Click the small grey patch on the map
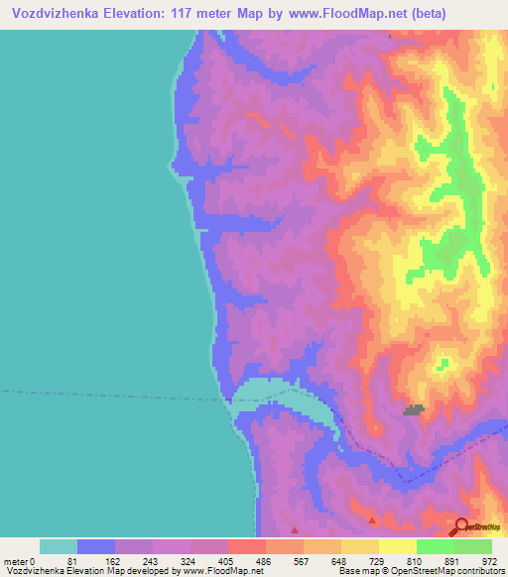[x=413, y=408]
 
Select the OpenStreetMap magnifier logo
[x=461, y=527]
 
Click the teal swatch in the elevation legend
[x=59, y=546]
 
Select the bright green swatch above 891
[x=436, y=546]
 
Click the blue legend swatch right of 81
[x=96, y=546]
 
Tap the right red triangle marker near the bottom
[x=372, y=519]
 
